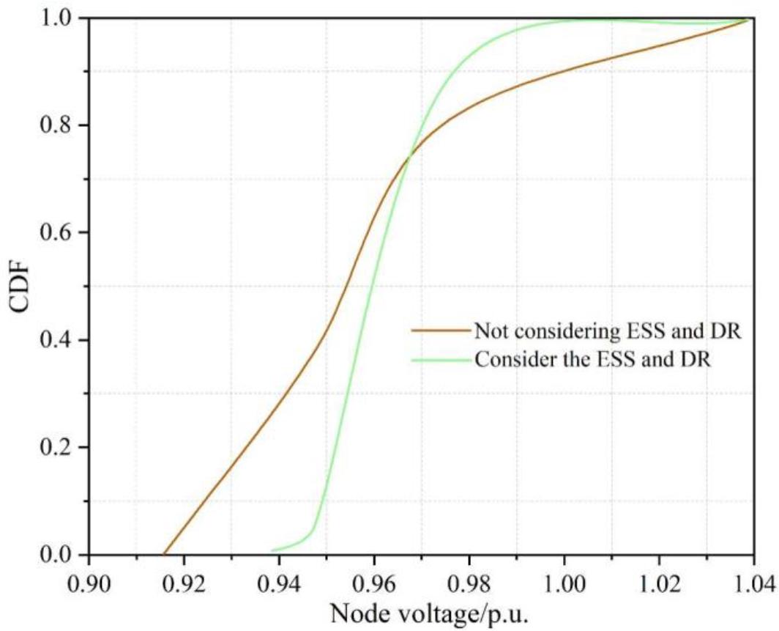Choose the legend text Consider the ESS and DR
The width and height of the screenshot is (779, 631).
point(592,360)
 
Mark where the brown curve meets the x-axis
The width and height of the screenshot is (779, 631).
point(163,554)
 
